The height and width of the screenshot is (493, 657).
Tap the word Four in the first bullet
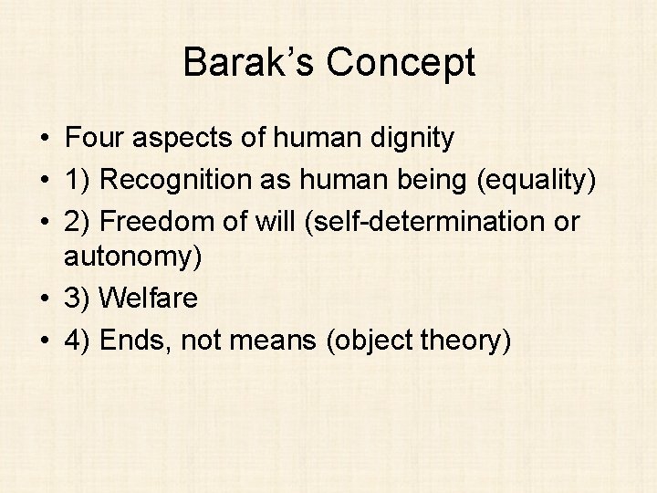pos(96,139)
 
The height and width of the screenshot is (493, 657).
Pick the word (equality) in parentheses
pos(537,181)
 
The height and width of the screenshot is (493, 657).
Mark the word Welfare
pos(149,299)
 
